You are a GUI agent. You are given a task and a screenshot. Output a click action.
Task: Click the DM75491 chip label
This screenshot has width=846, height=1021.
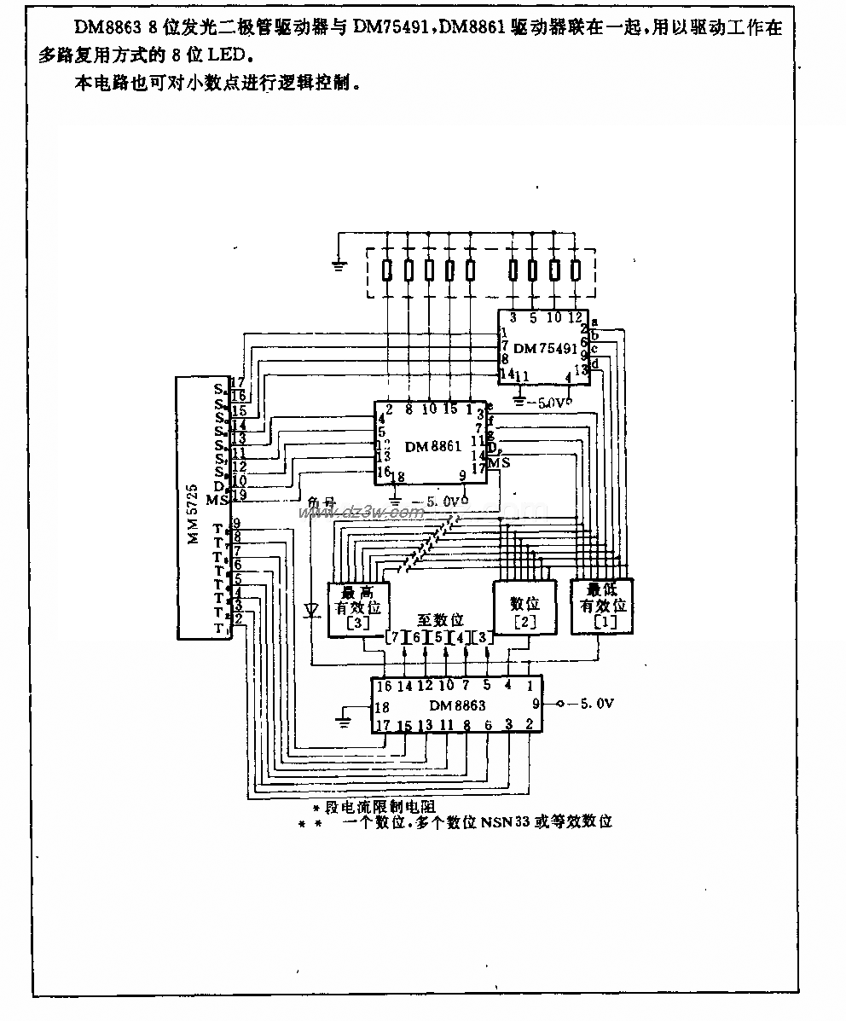(x=536, y=348)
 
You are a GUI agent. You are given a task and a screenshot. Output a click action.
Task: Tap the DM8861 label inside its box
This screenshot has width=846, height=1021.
(x=433, y=446)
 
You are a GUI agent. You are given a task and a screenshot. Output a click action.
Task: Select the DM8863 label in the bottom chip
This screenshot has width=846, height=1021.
(x=457, y=705)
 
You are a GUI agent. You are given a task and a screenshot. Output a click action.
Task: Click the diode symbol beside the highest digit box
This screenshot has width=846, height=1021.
(x=312, y=609)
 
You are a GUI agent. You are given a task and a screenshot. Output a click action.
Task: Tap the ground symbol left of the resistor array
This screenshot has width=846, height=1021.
(x=339, y=264)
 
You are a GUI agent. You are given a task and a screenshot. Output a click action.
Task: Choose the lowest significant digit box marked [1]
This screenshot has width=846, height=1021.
(x=604, y=606)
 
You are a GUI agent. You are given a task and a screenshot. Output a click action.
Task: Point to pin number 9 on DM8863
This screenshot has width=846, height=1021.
(x=535, y=705)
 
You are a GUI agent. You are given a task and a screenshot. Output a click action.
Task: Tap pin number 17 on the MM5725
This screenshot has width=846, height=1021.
(x=238, y=384)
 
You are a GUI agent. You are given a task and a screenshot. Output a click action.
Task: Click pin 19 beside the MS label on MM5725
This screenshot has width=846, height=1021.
(x=239, y=496)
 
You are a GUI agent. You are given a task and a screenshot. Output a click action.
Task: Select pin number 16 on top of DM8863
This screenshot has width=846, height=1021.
(x=384, y=685)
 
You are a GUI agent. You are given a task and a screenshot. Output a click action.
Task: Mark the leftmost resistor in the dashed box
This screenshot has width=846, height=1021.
(x=387, y=270)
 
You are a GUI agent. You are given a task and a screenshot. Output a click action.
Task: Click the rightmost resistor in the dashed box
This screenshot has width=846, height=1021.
(x=575, y=270)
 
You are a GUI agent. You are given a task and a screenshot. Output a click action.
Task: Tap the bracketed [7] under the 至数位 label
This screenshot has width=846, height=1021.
(x=393, y=637)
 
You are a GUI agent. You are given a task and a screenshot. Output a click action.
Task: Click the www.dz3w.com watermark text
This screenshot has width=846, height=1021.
(x=360, y=513)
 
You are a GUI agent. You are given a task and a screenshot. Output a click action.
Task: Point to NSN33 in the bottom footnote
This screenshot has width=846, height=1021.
(x=506, y=822)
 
